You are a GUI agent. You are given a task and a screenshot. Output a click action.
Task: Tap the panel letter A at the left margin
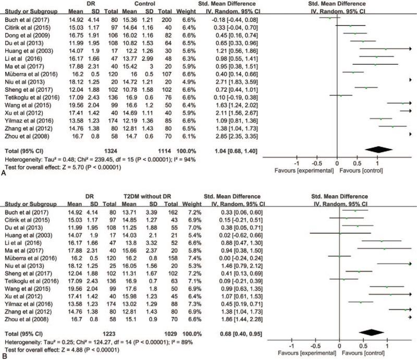point(4,176)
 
